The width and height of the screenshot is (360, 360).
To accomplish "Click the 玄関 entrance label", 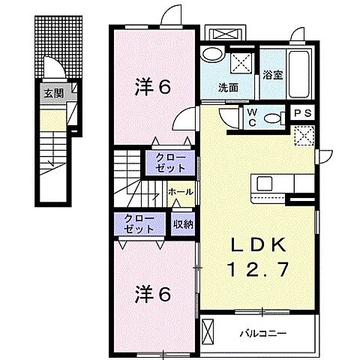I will [x=52, y=93].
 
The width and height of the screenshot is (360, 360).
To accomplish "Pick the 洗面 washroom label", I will [x=228, y=87].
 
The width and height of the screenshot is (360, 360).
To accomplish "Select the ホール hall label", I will [x=180, y=192].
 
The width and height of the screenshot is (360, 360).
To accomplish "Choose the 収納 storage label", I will [x=183, y=223].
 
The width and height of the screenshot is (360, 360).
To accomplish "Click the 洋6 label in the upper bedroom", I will [x=153, y=87].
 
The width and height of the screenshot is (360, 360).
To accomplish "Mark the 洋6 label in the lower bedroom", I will [x=153, y=293].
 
